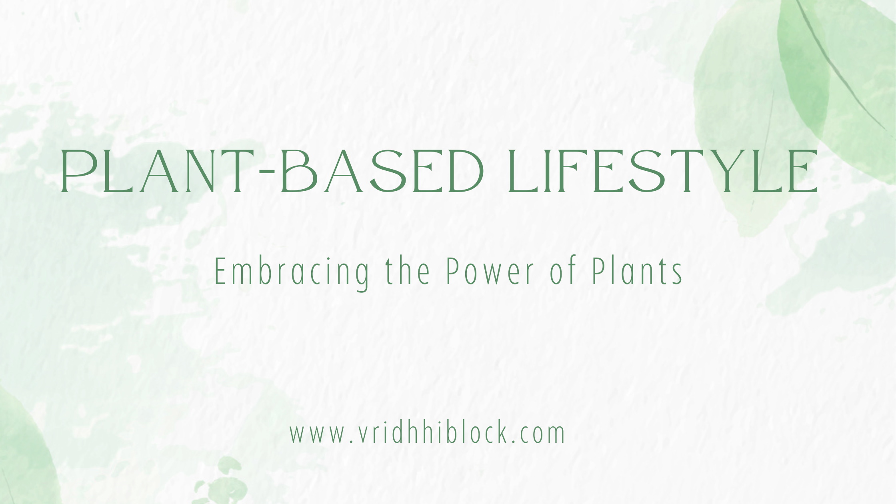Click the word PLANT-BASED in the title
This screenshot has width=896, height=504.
pyautogui.click(x=272, y=171)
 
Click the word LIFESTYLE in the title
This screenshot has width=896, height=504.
pyautogui.click(x=662, y=171)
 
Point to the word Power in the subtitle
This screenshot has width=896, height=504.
pyautogui.click(x=490, y=272)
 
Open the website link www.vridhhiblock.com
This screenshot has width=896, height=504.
pyautogui.click(x=427, y=433)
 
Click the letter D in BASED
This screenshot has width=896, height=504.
pyautogui.click(x=464, y=171)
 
